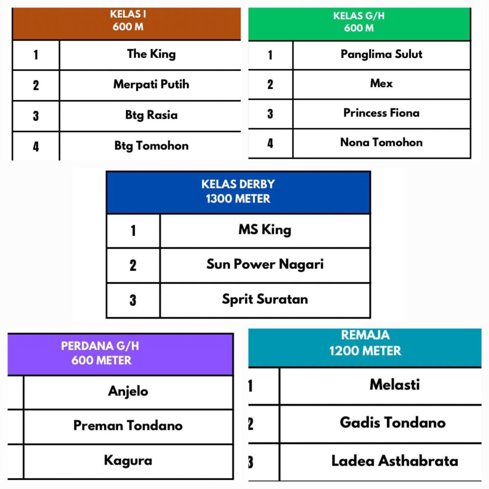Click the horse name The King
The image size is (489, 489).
(x=151, y=54)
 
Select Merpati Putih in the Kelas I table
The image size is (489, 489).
(x=151, y=84)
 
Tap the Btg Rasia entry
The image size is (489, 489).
(x=151, y=115)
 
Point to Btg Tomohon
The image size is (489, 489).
(x=151, y=146)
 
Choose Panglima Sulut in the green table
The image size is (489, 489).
(x=382, y=54)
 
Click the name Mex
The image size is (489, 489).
(x=381, y=83)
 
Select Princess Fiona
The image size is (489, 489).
(x=382, y=113)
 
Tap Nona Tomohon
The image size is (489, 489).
(x=382, y=142)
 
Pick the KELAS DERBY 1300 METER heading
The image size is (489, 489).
(x=238, y=192)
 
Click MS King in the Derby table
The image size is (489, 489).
(x=265, y=230)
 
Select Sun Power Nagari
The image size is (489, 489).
(x=265, y=265)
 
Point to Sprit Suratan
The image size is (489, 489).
(x=265, y=299)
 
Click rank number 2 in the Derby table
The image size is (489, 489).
(x=133, y=265)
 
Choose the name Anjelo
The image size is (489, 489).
(x=128, y=391)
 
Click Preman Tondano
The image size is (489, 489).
(x=128, y=426)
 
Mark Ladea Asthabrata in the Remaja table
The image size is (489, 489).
(x=394, y=461)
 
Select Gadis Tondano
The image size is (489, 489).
(x=392, y=422)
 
